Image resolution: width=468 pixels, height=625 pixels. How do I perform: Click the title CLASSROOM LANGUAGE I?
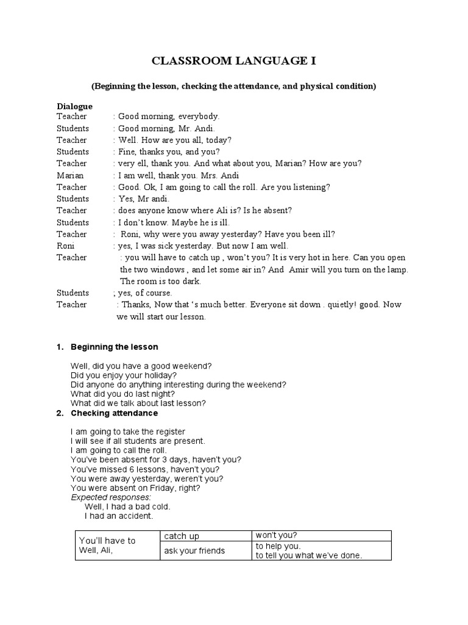pos(234,61)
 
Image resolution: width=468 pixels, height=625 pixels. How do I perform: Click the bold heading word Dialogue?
pos(74,106)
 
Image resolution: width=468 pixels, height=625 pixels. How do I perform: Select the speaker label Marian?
pos(70,175)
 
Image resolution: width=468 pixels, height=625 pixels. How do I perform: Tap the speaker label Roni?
pos(66,246)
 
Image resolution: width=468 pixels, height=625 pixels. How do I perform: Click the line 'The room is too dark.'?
pos(160,281)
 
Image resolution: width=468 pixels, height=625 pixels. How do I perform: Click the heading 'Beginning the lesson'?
pos(115,347)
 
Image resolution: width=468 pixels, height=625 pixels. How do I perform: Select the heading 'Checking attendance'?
pos(115,413)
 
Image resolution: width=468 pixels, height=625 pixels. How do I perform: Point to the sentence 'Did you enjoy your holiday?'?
pos(124,375)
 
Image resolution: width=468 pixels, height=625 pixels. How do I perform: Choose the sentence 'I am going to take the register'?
pos(128,432)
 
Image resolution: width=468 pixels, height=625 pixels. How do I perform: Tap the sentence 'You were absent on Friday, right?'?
pos(135,488)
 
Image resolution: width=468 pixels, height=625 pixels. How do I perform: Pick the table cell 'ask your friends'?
pos(194,551)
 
